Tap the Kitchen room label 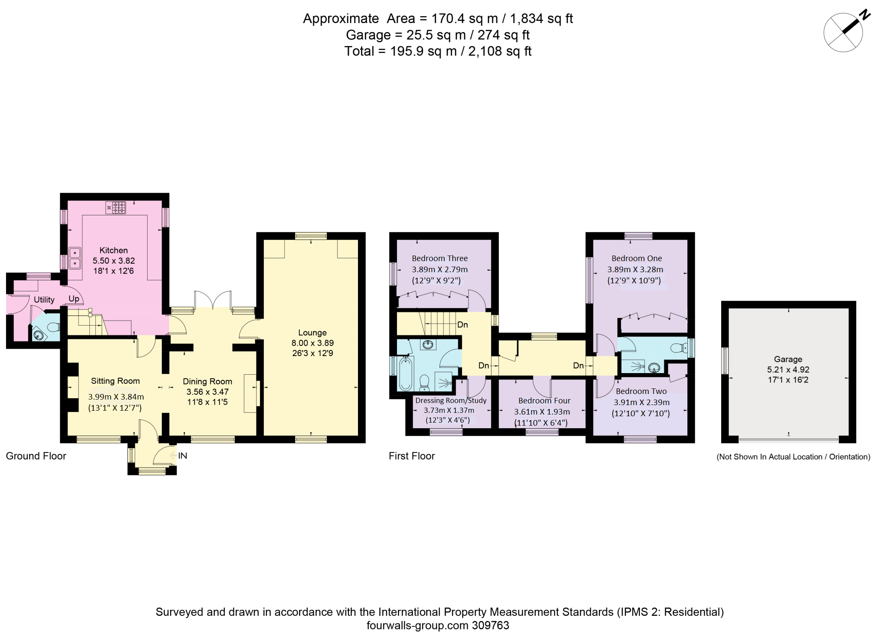113,250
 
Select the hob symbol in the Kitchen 116,208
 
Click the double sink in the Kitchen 75,258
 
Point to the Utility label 44,300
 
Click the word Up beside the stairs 74,299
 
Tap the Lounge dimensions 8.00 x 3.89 312,343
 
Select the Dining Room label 207,381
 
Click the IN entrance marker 183,456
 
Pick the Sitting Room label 115,381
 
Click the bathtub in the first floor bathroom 405,374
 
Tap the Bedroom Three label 439,258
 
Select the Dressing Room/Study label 451,400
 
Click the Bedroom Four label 544,400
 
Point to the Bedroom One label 636,258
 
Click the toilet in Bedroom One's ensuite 678,348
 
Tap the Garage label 788,359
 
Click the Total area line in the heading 438,51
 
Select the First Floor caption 411,456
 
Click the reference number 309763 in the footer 490,625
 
